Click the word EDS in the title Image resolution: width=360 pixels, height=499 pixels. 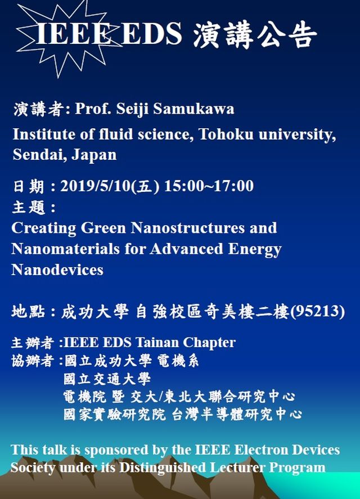[x=152, y=33]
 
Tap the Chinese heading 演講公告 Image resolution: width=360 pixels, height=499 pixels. [x=255, y=34]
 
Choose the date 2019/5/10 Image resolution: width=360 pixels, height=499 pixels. [x=96, y=186]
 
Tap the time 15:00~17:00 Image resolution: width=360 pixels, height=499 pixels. [x=209, y=186]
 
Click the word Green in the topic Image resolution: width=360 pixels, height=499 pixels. [x=103, y=228]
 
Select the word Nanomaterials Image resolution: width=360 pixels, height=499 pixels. [x=65, y=249]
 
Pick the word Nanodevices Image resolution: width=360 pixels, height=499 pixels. [x=57, y=269]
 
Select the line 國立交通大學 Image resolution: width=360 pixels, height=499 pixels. [x=107, y=379]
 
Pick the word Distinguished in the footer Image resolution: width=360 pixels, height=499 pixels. [x=163, y=467]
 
